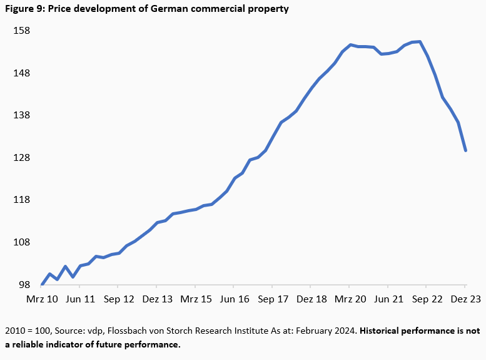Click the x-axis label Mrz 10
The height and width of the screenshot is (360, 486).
pos(42,299)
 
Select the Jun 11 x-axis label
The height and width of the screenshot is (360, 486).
pos(81,299)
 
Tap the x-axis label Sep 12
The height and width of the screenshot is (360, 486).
pos(119,299)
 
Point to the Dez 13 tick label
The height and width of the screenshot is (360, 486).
pos(158,299)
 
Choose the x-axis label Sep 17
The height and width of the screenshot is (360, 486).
pos(273,299)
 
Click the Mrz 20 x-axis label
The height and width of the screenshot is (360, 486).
pos(350,299)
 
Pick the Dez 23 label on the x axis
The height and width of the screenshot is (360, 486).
pos(466,299)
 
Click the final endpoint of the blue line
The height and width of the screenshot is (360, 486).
pos(466,150)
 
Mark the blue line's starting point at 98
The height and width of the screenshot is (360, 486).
pos(43,284)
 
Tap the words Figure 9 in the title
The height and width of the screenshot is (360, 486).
pos(24,9)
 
